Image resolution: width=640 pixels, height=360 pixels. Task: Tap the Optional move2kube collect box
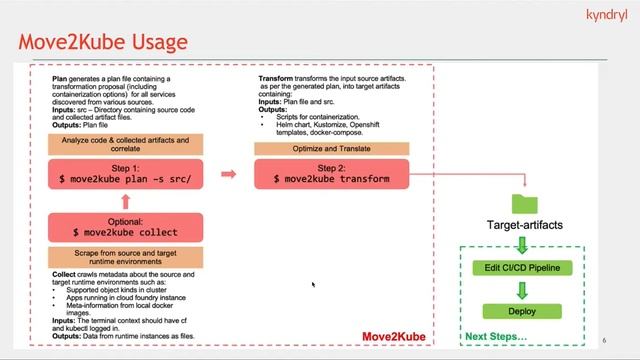coord(124,227)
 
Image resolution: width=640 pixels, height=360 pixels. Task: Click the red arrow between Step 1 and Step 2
coord(229,174)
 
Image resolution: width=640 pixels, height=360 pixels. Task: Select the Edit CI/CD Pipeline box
coord(523,268)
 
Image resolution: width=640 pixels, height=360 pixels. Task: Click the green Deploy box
coord(523,312)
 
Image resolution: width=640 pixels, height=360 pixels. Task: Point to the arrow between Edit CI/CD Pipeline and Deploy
coord(523,290)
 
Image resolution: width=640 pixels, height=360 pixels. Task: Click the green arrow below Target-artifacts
coord(523,245)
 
